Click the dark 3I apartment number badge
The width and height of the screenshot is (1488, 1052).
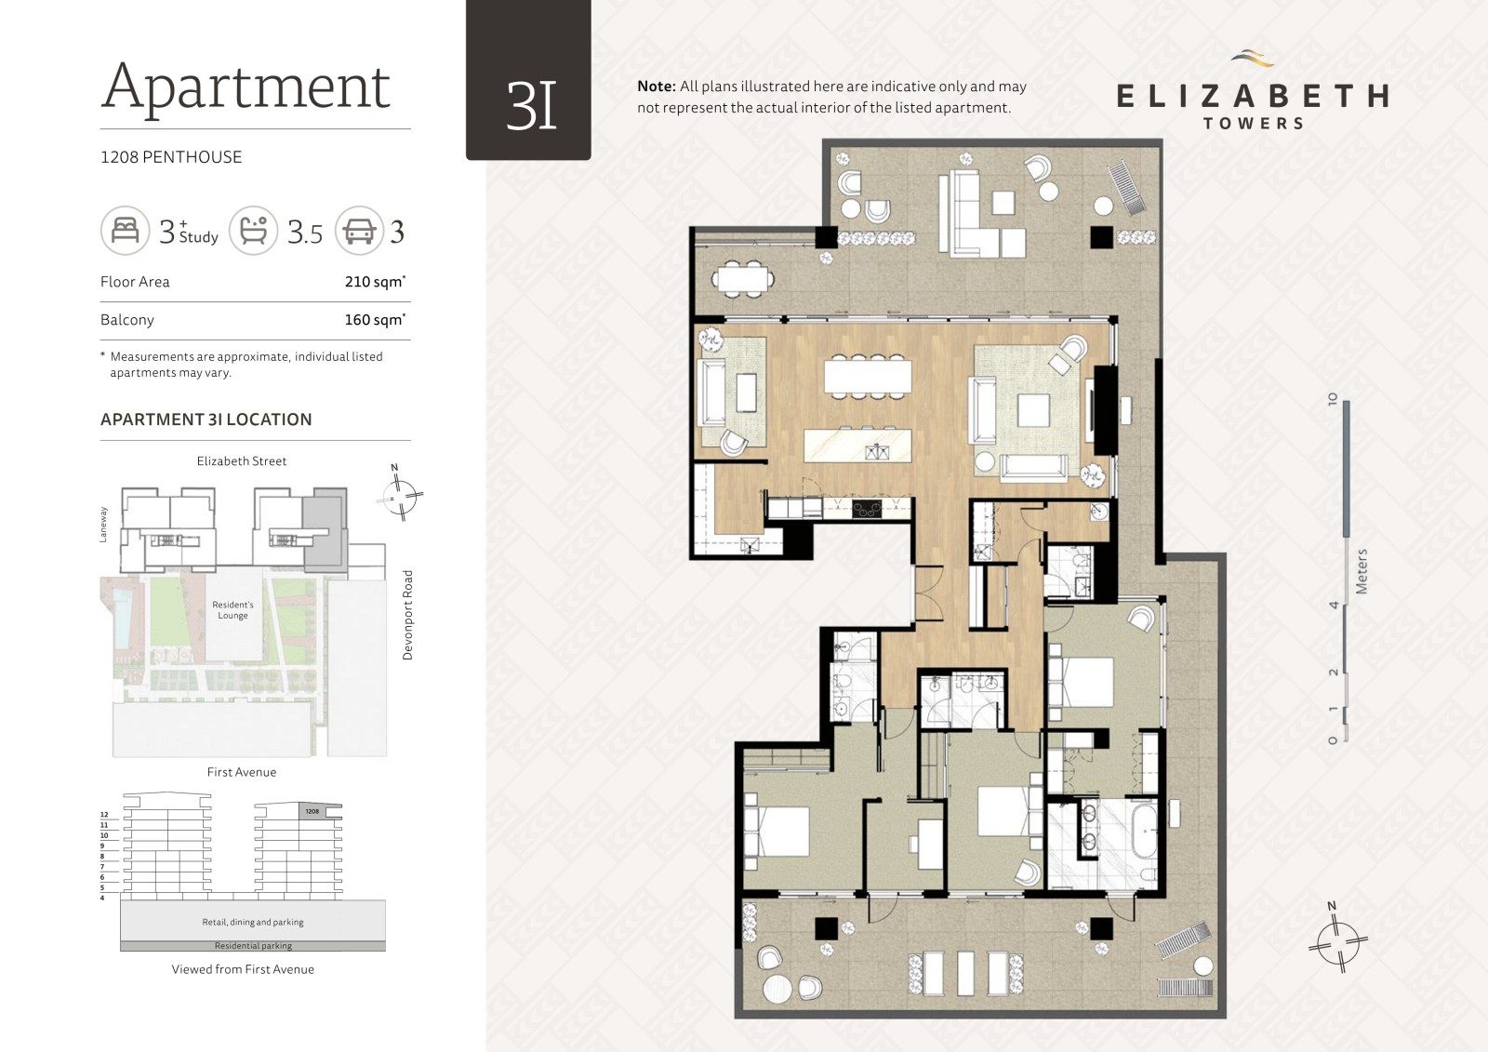point(528,80)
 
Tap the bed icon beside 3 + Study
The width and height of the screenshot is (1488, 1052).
point(125,231)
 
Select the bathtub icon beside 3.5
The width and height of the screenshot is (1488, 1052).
point(253,231)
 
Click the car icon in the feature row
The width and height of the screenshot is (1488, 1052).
point(359,231)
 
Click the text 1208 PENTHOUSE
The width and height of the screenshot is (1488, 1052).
point(171,157)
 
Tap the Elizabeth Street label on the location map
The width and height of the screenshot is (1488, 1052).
point(242,460)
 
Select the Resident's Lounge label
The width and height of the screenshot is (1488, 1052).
point(232,610)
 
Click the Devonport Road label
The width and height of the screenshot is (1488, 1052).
point(407,615)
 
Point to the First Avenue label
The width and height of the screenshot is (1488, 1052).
point(242,771)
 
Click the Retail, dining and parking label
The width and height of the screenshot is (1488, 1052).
point(252,922)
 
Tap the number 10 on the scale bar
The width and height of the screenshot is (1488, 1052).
point(1332,399)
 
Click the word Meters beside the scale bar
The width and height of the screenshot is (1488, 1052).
point(1362,571)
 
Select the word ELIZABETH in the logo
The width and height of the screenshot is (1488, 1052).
point(1252,97)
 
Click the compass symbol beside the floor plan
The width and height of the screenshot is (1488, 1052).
point(1337,942)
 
